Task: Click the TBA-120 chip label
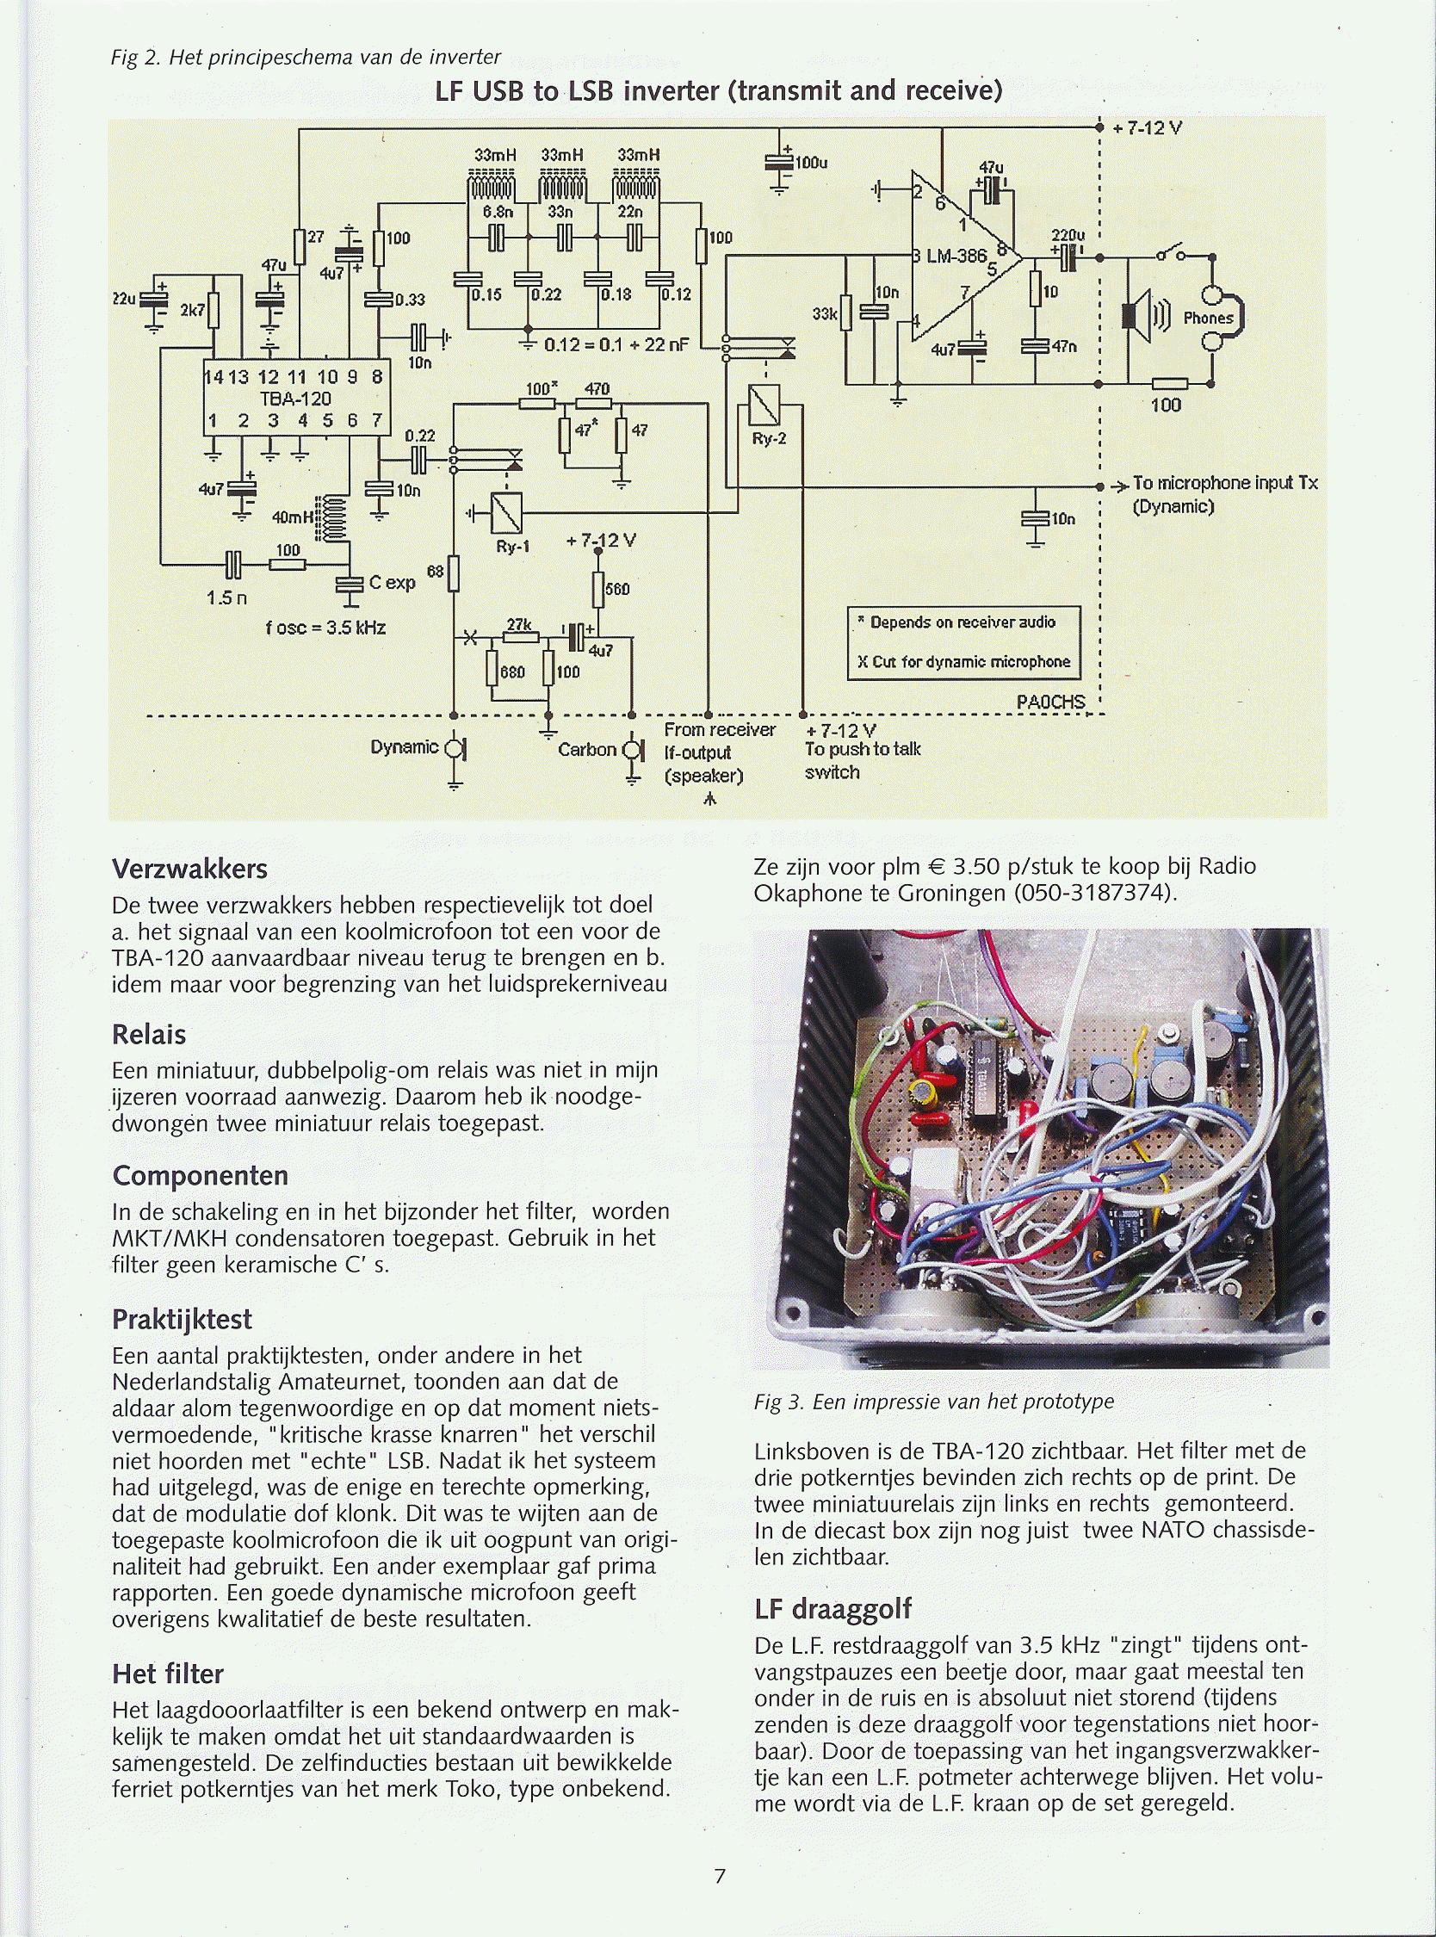294,399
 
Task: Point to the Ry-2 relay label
769,439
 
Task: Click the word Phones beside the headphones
1207,318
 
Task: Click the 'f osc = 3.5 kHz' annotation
326,627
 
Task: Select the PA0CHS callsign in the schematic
1050,702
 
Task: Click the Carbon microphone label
587,749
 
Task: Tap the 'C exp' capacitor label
392,582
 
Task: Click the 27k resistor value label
519,624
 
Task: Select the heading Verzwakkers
189,869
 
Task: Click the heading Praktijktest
182,1319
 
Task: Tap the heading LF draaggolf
833,1608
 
